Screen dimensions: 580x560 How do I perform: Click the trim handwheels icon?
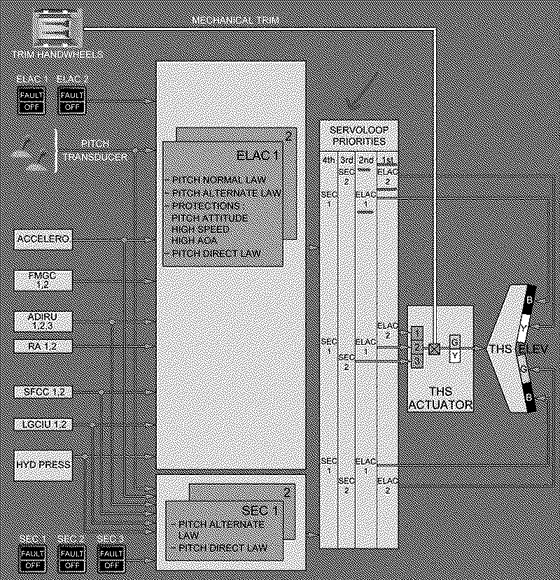pos(59,29)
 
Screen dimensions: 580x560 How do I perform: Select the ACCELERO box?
pos(43,239)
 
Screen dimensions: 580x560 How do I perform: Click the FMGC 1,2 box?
pos(43,280)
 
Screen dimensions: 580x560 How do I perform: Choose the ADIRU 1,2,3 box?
pos(43,321)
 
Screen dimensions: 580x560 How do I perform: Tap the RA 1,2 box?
pos(43,346)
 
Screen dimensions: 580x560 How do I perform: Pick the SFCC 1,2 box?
pos(43,391)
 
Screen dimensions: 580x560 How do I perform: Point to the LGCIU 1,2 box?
pos(43,424)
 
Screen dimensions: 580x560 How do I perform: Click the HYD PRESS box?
pos(43,464)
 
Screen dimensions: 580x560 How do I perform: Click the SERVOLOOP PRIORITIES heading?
pos(358,136)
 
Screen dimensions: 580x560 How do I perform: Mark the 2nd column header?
pos(365,161)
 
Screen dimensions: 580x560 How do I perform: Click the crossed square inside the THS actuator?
pos(435,348)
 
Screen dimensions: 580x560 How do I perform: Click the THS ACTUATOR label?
pos(441,398)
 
